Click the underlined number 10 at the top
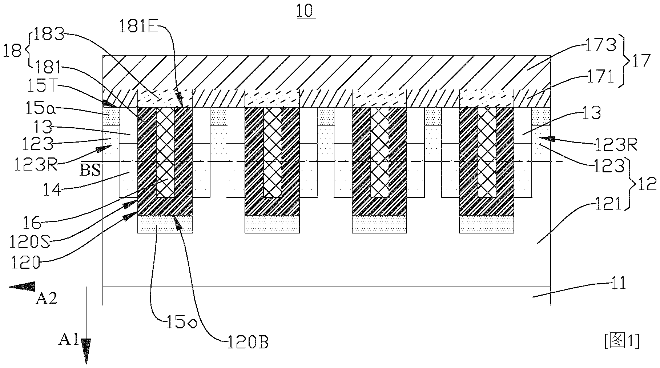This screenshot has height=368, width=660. [306, 11]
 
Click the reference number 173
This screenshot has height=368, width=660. [601, 45]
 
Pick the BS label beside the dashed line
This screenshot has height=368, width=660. [90, 171]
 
